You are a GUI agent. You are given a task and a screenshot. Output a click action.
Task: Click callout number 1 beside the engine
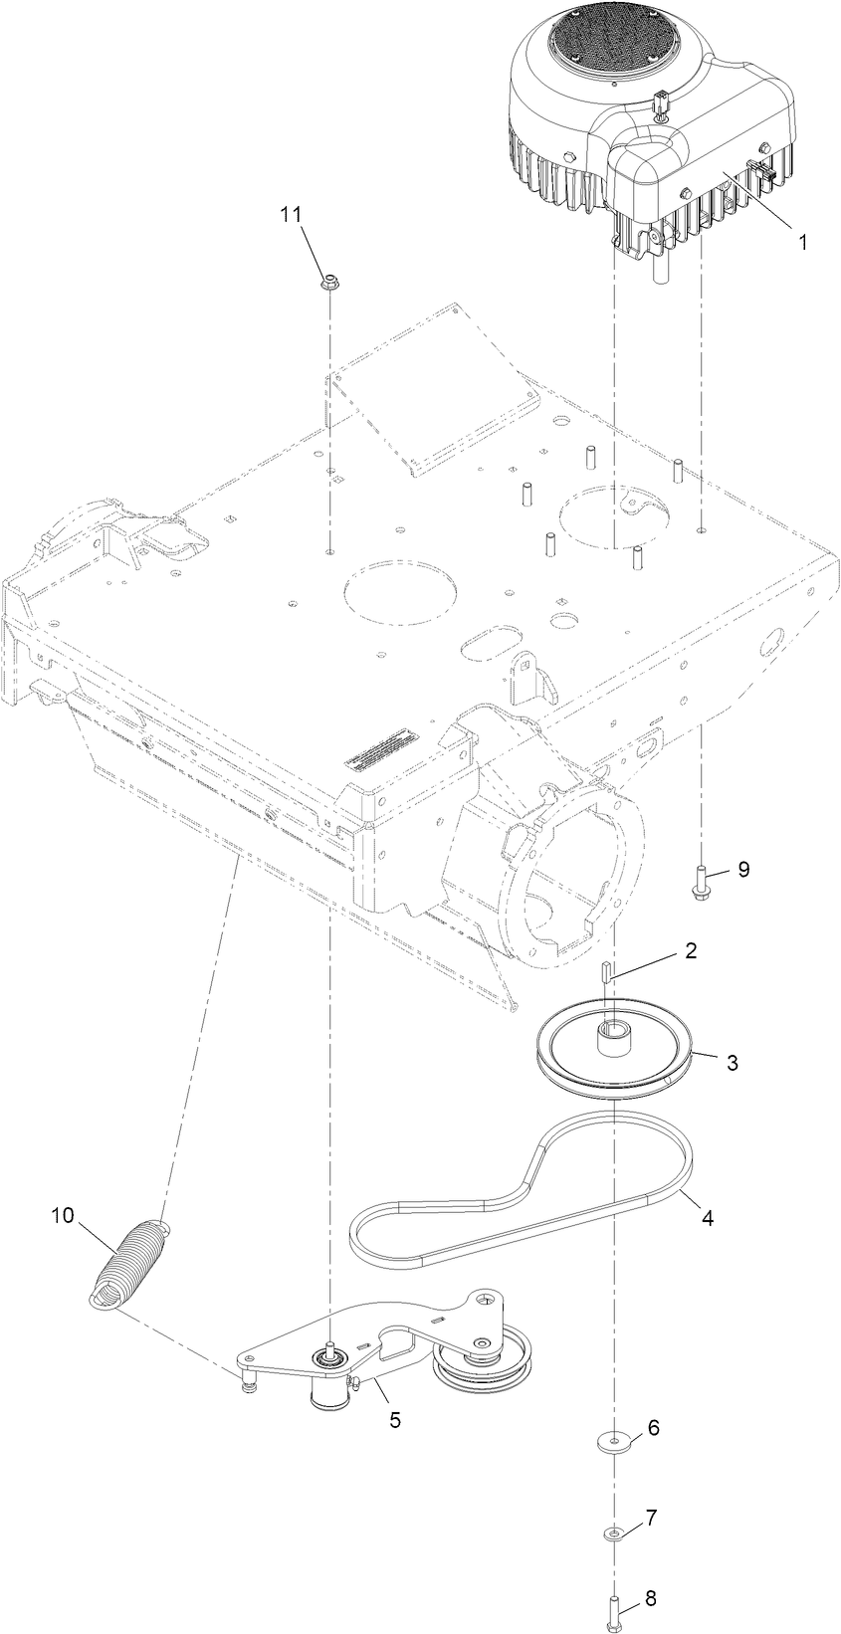point(801,240)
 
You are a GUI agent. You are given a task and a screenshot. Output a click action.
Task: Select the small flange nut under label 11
point(326,285)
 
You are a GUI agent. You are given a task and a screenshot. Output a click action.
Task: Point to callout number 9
point(742,869)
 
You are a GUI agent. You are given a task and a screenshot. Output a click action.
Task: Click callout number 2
point(691,951)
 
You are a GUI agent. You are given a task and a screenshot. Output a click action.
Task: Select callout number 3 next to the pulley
point(733,1062)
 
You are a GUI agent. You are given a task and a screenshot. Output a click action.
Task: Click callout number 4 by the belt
point(708,1216)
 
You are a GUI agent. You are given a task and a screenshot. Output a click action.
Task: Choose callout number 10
point(63,1215)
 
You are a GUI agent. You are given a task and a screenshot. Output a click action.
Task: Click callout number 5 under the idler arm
point(395,1420)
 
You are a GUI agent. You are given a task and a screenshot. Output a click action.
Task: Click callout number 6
point(654,1427)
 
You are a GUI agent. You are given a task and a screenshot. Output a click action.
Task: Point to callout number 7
point(652,1519)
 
